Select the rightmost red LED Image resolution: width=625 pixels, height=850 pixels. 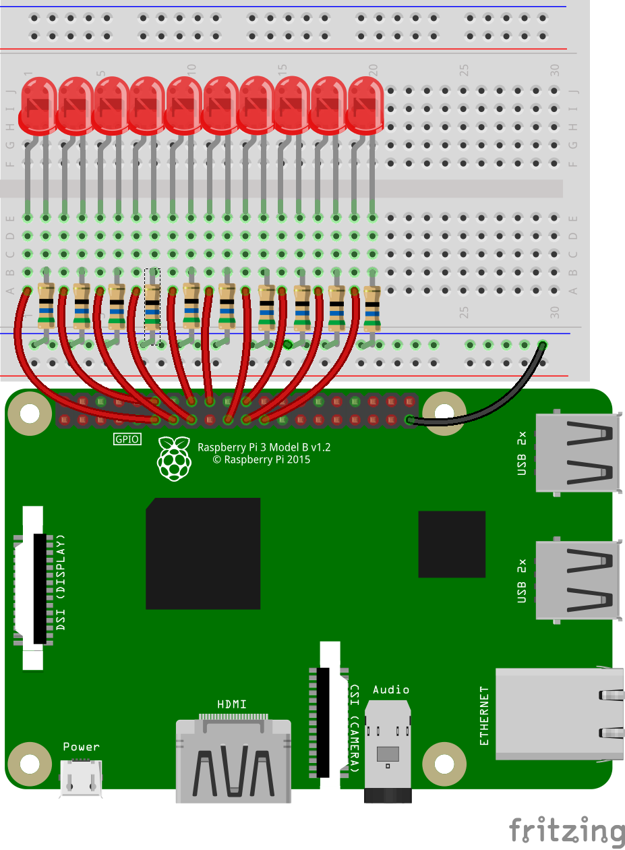[364, 105]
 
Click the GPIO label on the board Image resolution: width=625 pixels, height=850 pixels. [127, 439]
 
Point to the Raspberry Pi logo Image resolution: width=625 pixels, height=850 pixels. [175, 458]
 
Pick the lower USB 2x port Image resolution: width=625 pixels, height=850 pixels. [577, 580]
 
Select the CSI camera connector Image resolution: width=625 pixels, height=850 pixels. [330, 715]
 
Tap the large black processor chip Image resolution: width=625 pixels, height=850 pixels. [203, 554]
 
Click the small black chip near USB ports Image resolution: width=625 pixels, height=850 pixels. [452, 544]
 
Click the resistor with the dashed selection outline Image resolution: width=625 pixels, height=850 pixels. [152, 307]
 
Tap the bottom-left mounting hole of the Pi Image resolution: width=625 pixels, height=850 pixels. [30, 764]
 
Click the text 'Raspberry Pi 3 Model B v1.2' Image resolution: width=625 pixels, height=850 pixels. [264, 447]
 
